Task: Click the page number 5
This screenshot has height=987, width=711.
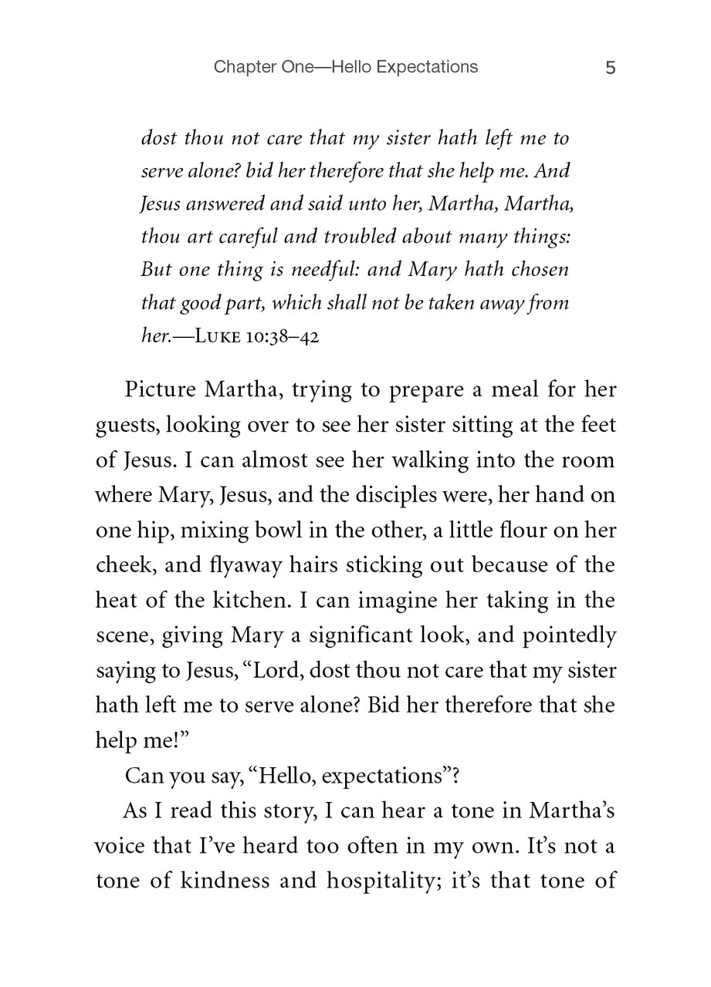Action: coord(610,68)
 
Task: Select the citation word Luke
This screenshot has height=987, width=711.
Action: coord(222,338)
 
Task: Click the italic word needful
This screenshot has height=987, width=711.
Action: coord(314,270)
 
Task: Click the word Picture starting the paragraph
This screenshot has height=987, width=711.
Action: coord(159,389)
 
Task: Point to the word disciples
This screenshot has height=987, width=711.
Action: coord(401,494)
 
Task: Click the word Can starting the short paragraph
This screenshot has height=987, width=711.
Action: coord(142,775)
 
